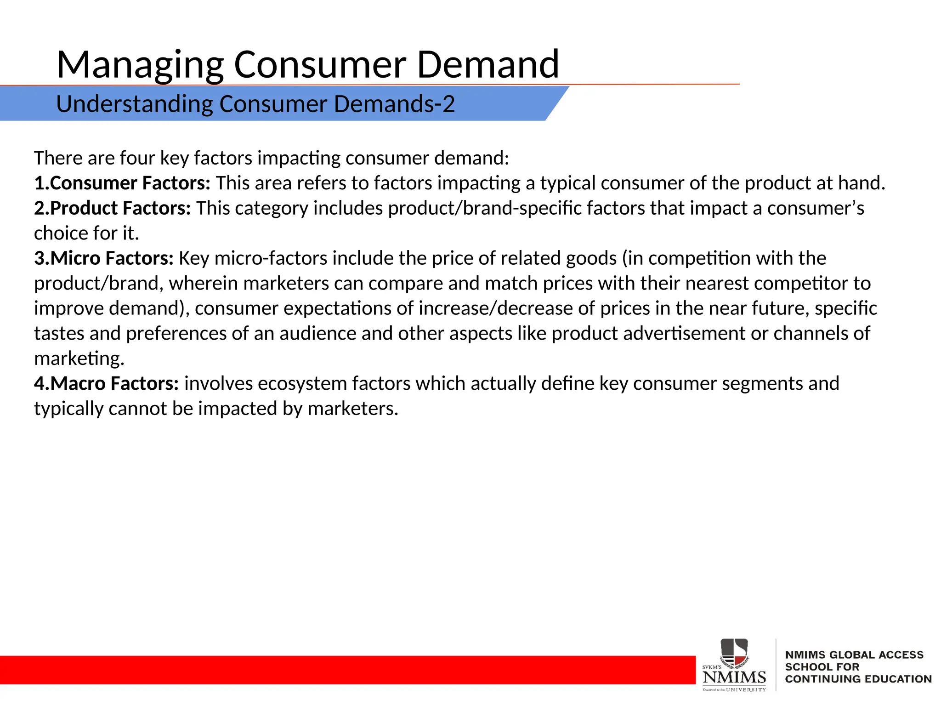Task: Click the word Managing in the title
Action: pyautogui.click(x=140, y=65)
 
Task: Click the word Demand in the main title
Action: pyautogui.click(x=488, y=65)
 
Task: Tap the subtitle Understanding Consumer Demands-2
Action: pyautogui.click(x=255, y=104)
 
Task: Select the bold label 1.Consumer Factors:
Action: pyautogui.click(x=122, y=183)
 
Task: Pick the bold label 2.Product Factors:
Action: pyautogui.click(x=113, y=208)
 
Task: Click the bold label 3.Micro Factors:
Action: pyautogui.click(x=104, y=258)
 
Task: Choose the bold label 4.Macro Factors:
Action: pyautogui.click(x=106, y=383)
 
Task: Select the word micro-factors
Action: pyautogui.click(x=271, y=258)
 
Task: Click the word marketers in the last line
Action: pyautogui.click(x=352, y=409)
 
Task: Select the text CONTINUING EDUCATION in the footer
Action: pyautogui.click(x=858, y=679)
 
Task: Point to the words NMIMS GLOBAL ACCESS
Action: pyautogui.click(x=854, y=655)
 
